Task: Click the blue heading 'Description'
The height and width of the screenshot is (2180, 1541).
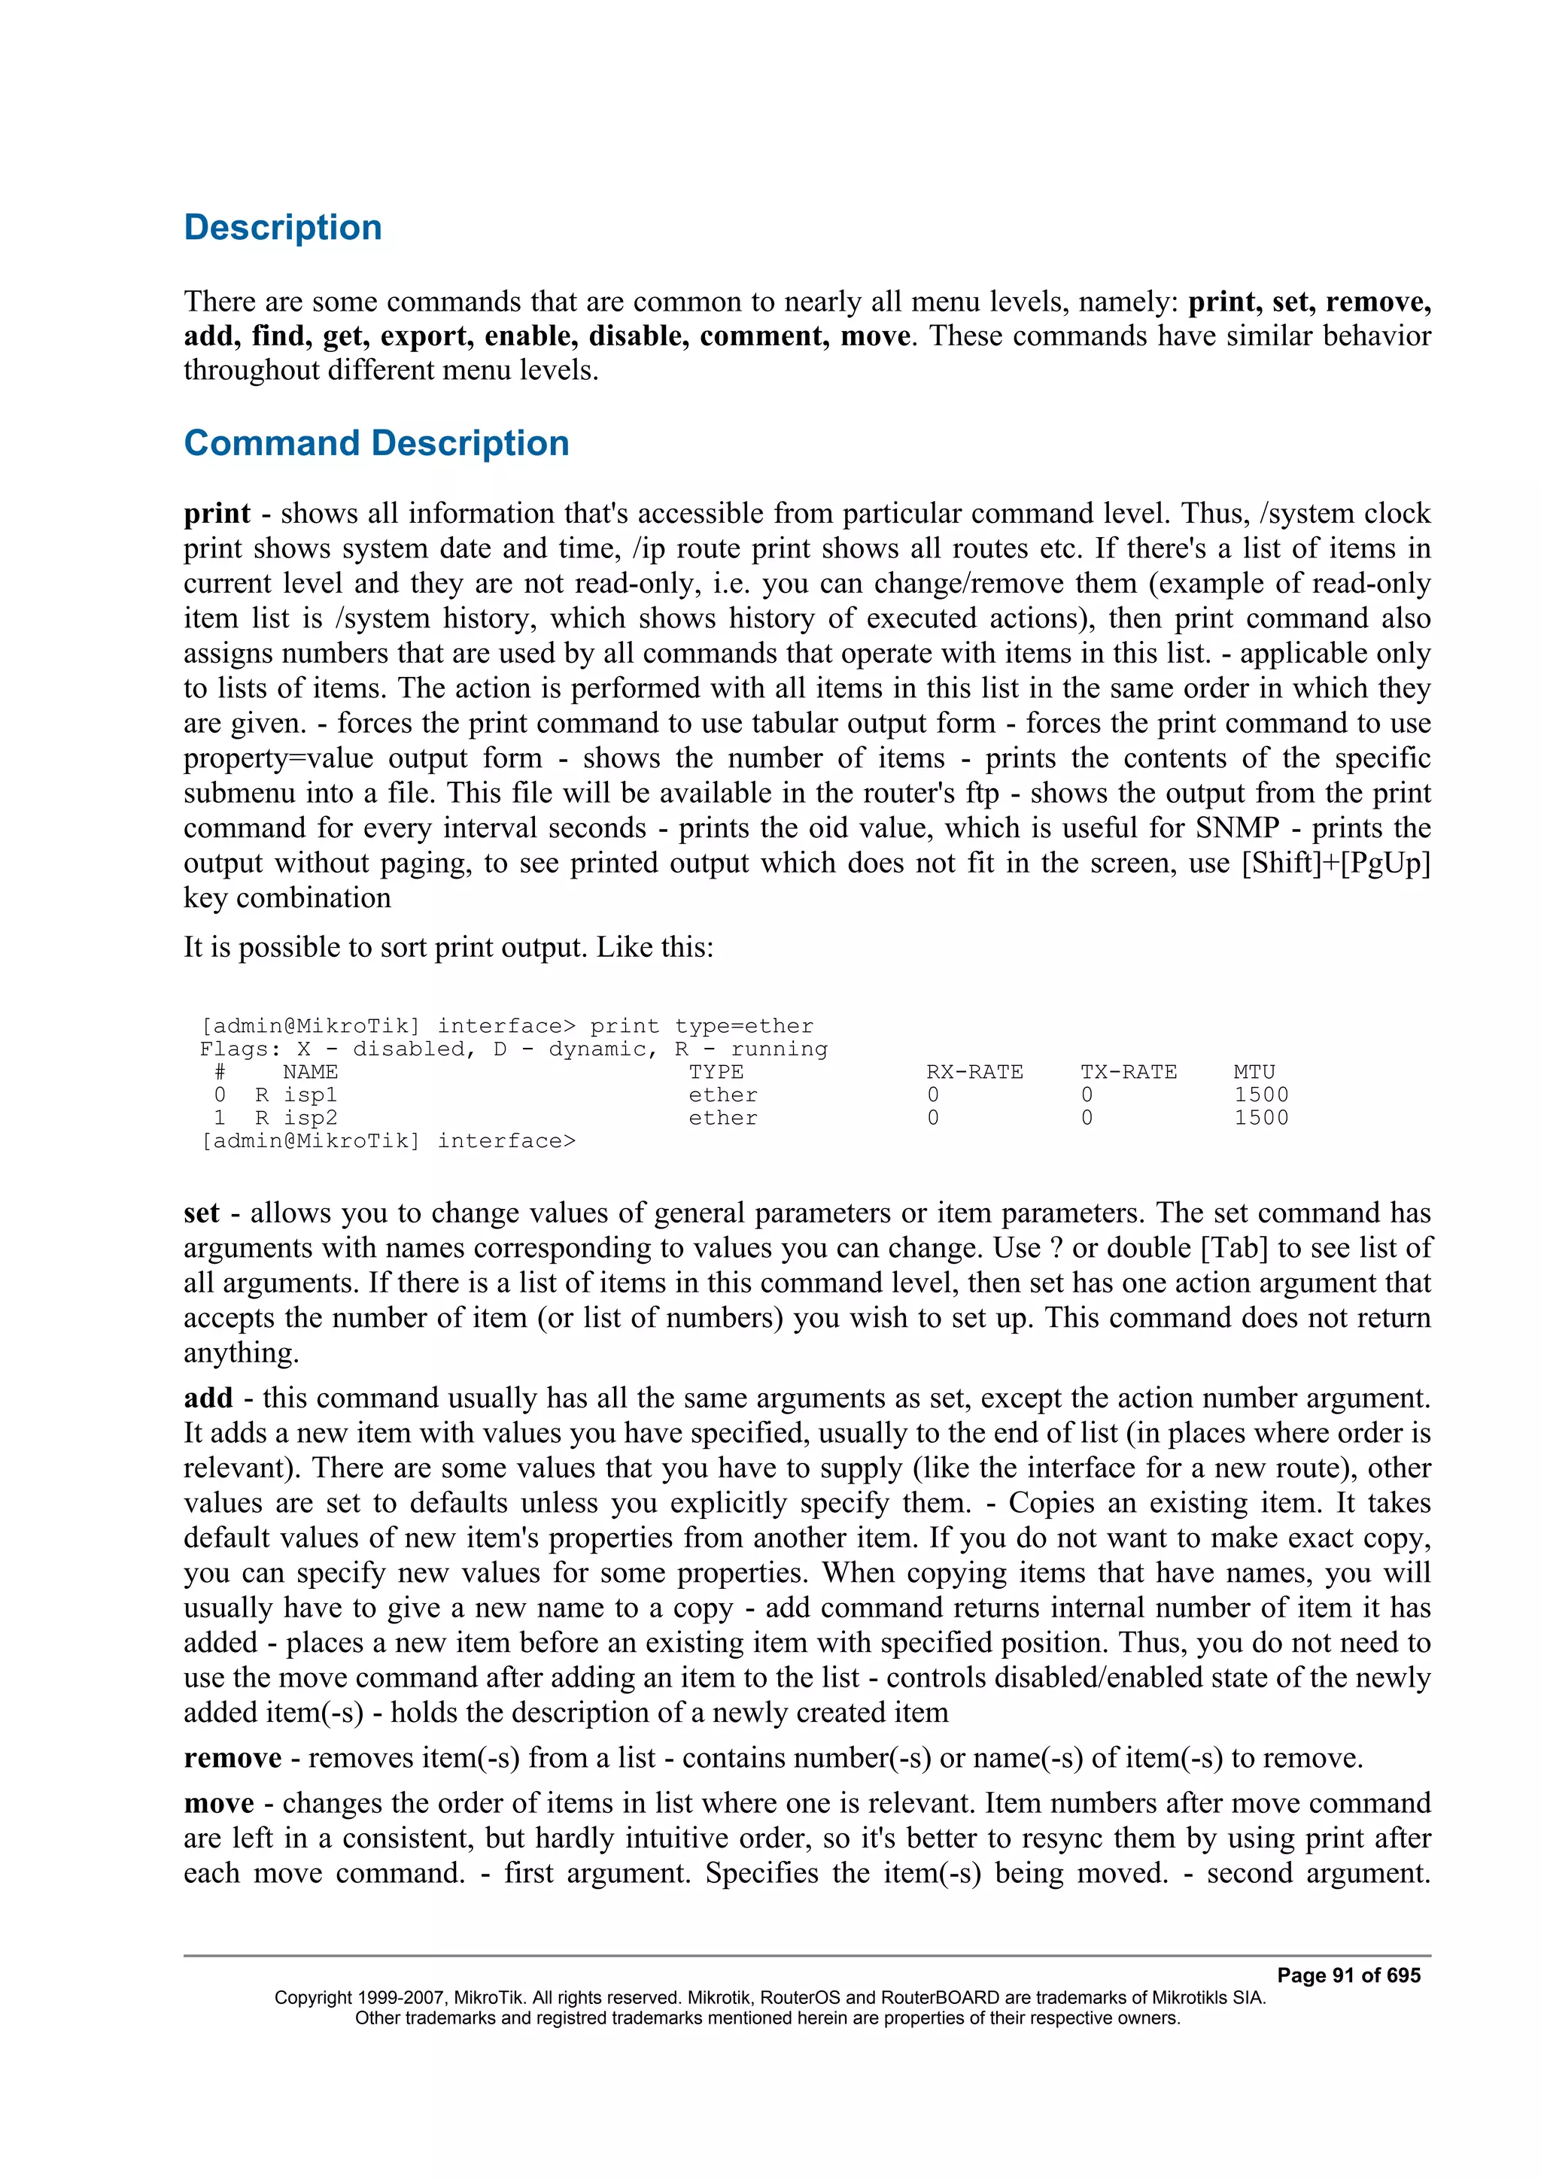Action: pos(282,228)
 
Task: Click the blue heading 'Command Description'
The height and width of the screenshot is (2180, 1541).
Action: pos(376,443)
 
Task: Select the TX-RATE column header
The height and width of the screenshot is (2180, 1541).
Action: pos(1128,1072)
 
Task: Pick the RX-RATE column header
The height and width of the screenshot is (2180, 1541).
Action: pos(974,1072)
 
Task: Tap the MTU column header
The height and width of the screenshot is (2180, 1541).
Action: pos(1254,1072)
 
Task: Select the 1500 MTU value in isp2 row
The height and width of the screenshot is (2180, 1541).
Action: pos(1261,1118)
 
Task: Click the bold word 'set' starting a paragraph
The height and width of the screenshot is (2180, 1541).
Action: pos(202,1213)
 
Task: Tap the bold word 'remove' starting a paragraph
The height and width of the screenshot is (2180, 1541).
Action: pos(233,1759)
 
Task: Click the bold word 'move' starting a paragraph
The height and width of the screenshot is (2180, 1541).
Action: pos(219,1803)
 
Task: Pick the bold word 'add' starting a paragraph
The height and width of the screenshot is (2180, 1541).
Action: pos(208,1398)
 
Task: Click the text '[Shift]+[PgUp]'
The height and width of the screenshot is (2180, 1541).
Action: pos(1335,863)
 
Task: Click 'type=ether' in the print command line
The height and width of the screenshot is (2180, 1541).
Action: pos(743,1026)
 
